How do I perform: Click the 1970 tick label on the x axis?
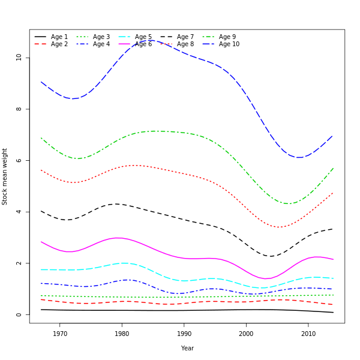[x=60, y=334]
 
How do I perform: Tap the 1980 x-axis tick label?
[x=122, y=334]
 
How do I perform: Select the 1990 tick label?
[x=184, y=334]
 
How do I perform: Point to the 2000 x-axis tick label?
[x=246, y=334]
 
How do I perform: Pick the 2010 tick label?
[x=308, y=334]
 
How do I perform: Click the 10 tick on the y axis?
[x=19, y=58]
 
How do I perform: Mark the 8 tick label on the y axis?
[x=19, y=109]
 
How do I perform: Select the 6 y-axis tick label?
[x=19, y=160]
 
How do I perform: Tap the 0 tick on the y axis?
[x=19, y=314]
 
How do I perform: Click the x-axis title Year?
[x=187, y=348]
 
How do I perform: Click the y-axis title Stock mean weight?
[x=5, y=176]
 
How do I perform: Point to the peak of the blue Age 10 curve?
[x=151, y=41]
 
